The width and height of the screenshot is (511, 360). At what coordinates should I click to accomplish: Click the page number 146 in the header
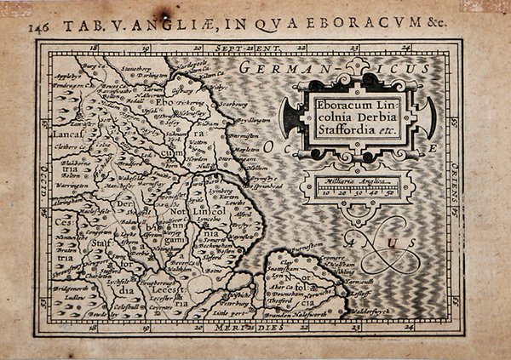point(38,26)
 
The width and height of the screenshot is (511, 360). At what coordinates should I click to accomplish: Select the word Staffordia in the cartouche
point(321,133)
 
